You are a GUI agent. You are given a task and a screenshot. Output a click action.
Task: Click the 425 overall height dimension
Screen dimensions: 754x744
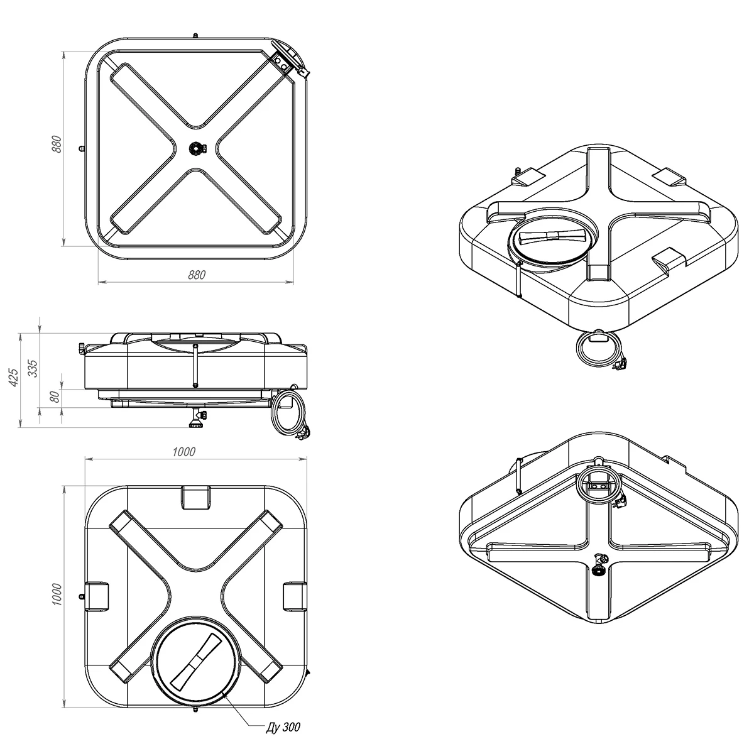(14, 378)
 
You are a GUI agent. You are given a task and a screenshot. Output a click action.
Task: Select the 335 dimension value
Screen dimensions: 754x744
(33, 368)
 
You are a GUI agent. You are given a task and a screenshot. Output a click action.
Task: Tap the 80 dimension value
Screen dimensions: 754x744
(55, 397)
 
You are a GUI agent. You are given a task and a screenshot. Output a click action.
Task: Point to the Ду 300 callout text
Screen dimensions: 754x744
(283, 727)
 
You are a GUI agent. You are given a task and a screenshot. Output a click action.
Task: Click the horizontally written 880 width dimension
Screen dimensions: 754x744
(197, 275)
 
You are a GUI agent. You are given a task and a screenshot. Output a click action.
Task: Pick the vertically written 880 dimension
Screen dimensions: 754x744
(57, 144)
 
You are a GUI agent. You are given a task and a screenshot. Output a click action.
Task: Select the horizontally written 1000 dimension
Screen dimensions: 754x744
(183, 452)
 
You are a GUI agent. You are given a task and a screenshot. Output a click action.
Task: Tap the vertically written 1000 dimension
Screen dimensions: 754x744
(57, 594)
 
